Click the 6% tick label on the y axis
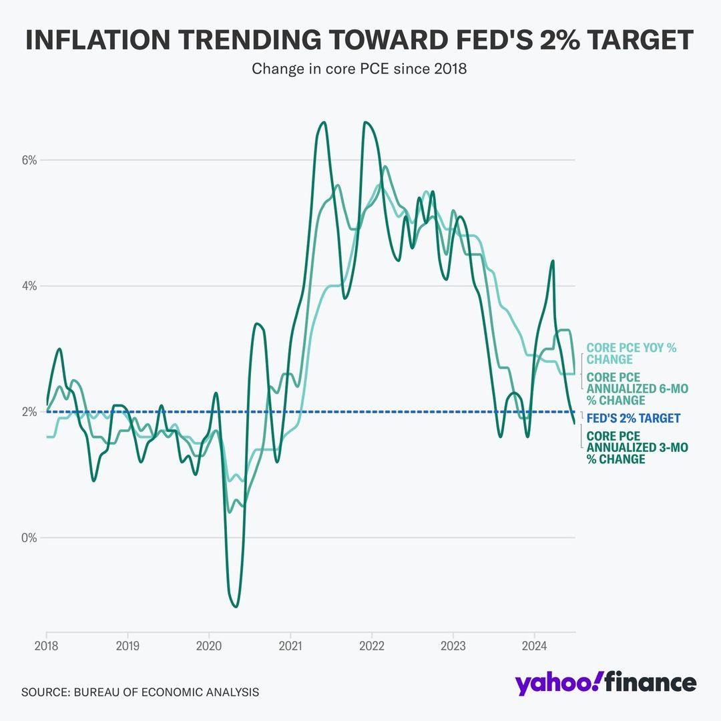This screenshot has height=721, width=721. (28, 160)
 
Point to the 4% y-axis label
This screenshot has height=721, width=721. (28, 286)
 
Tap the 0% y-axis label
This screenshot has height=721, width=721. (28, 537)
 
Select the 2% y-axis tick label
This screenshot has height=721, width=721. (28, 412)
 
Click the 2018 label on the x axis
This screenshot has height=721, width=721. (47, 646)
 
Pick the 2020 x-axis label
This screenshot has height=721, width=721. (209, 646)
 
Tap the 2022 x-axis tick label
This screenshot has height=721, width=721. (372, 646)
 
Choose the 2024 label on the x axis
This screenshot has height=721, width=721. (534, 646)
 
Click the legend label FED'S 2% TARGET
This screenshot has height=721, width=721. (634, 419)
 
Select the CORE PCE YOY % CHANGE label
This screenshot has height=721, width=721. (632, 354)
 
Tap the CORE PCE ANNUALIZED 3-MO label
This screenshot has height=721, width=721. (637, 447)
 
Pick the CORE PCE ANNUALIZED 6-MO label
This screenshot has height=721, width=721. (637, 389)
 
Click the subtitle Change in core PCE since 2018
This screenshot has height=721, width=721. (359, 69)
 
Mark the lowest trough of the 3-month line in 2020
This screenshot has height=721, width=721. (236, 606)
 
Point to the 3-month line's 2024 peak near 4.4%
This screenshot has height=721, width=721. (553, 261)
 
